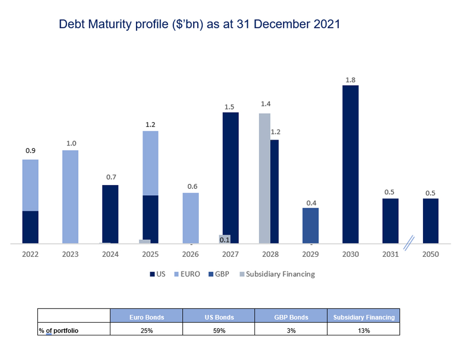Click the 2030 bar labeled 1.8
(350, 164)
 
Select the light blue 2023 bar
(70, 197)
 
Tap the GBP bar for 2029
(310, 226)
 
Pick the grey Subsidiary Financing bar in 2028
(264, 179)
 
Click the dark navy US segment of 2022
(30, 227)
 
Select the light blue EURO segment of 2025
(151, 163)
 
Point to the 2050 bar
(430, 221)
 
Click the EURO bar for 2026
(191, 218)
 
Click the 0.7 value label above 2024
(110, 177)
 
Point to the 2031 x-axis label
(390, 254)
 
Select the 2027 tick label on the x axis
(230, 254)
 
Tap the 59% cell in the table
(219, 331)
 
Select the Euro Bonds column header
(146, 317)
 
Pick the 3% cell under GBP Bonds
(291, 331)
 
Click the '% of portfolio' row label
(59, 331)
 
